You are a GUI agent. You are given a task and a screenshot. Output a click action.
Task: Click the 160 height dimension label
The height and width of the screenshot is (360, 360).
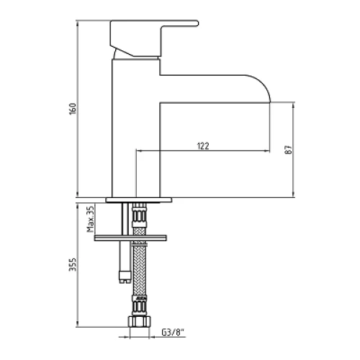click(x=73, y=109)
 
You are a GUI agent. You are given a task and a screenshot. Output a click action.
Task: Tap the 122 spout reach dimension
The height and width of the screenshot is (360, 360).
click(x=203, y=146)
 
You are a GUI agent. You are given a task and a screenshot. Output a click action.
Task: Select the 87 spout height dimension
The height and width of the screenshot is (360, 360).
click(x=289, y=150)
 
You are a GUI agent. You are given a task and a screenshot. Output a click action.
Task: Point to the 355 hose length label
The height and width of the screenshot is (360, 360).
click(x=73, y=265)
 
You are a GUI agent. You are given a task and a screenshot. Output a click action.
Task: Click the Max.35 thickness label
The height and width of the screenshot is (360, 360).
click(x=91, y=219)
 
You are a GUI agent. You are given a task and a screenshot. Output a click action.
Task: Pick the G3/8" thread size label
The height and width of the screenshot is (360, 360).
click(x=173, y=333)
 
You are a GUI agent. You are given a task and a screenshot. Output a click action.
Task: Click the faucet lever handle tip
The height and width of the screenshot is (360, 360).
click(x=197, y=23)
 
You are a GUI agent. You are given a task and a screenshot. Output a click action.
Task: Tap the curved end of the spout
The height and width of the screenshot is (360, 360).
click(x=261, y=88)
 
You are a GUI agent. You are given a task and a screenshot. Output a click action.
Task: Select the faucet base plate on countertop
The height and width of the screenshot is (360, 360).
click(x=139, y=200)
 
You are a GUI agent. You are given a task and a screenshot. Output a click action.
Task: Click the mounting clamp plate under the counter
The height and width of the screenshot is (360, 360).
click(x=131, y=238)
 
